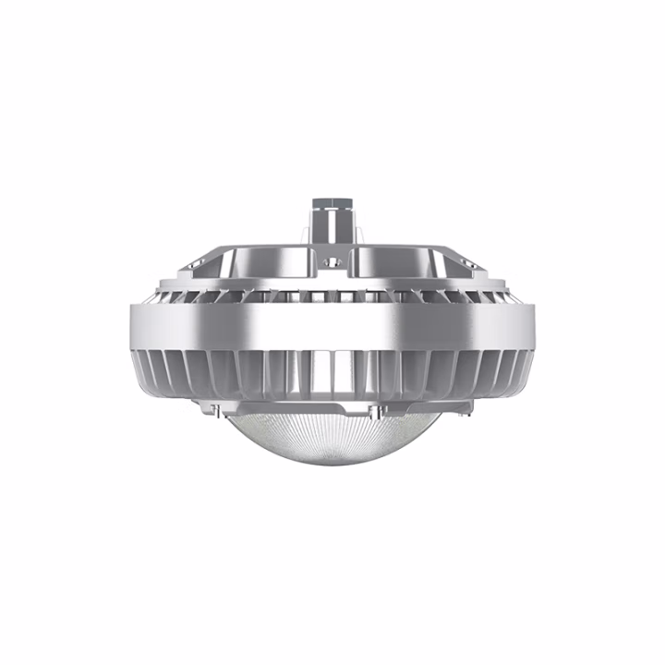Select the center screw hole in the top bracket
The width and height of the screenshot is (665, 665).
click(x=333, y=262)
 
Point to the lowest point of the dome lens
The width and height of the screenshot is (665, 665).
click(x=332, y=465)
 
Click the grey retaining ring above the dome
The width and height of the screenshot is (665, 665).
click(x=332, y=412)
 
